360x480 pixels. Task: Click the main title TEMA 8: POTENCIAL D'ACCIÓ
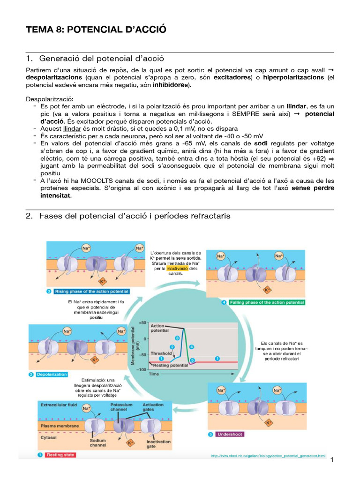96,30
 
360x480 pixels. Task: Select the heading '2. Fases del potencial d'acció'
135,216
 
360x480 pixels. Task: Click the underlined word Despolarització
49,99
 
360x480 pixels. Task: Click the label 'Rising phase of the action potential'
91,291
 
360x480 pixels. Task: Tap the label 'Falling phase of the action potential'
265,302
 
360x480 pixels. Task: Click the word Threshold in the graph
161,353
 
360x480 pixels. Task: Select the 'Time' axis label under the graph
154,375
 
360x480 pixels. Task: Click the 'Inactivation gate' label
158,444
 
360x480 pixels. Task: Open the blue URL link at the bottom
268,455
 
